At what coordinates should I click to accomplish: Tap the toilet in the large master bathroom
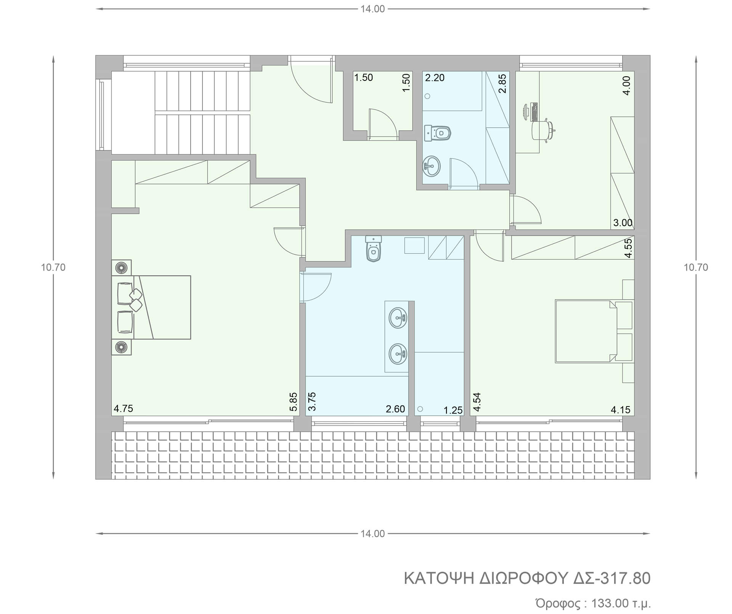[374, 249]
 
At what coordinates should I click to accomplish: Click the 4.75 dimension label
[124, 408]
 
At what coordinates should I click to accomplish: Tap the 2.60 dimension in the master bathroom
[395, 409]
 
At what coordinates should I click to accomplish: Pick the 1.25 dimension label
[453, 410]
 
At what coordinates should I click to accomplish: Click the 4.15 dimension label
[621, 410]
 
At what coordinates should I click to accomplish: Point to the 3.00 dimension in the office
[623, 223]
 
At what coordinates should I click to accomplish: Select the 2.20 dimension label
[435, 78]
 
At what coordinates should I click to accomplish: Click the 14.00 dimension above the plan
[373, 9]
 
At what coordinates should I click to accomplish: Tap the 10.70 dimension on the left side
[53, 267]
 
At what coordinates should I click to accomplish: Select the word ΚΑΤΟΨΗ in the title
[438, 579]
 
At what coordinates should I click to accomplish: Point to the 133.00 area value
[610, 603]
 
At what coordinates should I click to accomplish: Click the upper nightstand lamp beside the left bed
[121, 267]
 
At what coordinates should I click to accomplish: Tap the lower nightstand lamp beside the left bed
[121, 347]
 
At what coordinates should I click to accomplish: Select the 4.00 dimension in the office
[626, 85]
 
